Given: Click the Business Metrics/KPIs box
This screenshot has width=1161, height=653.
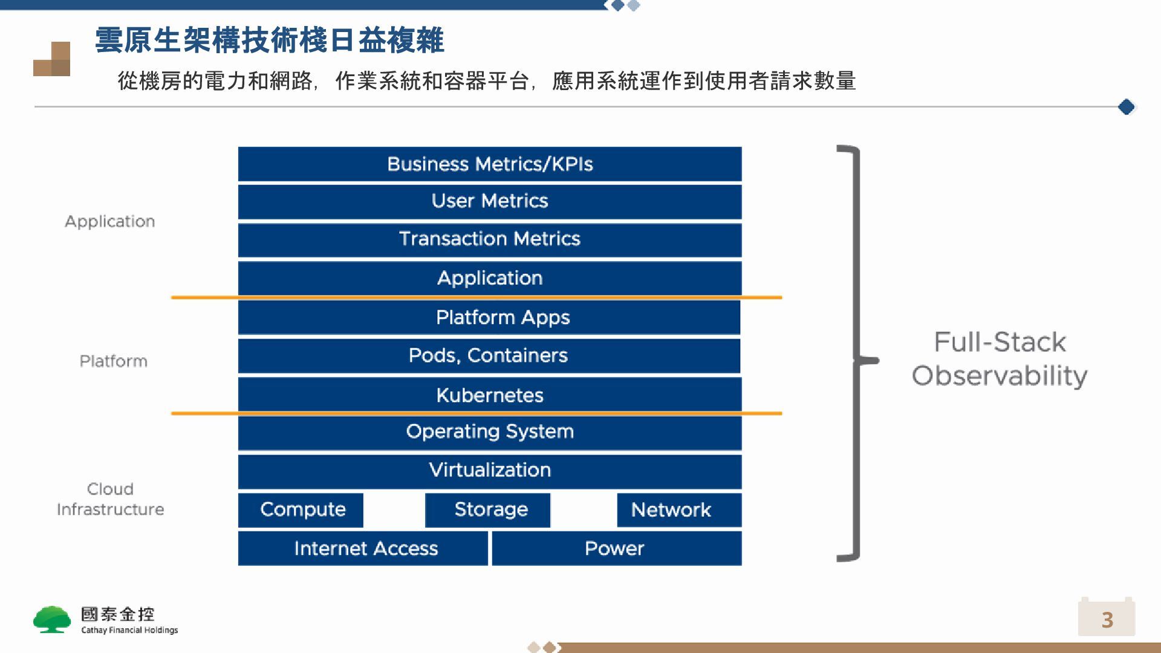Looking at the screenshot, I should tap(490, 164).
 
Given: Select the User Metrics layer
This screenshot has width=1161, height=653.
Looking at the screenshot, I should tap(490, 201).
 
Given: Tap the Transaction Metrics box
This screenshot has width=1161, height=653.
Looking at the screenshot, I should tap(490, 239).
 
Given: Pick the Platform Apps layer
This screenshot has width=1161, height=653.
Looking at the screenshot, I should tap(490, 317).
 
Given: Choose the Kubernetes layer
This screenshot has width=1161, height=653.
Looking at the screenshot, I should tap(490, 395).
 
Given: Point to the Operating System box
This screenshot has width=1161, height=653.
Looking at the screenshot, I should tap(490, 432).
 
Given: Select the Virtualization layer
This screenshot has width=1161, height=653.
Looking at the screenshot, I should tap(490, 470).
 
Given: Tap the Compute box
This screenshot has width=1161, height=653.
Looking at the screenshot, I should tap(301, 510).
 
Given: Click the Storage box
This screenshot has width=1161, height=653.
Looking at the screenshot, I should tap(488, 510).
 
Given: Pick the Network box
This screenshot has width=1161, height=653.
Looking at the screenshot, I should tap(679, 510).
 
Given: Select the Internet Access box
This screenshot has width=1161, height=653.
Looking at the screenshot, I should tap(363, 548).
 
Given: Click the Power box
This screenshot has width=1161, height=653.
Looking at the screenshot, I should tap(617, 548).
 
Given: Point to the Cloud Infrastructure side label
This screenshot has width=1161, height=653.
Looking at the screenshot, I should tap(110, 499).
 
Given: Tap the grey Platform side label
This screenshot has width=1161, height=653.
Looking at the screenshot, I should tap(114, 361).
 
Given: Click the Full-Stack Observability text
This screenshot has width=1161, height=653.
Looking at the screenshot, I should tap(1000, 359).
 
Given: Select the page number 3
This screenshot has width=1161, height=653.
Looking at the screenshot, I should tap(1107, 619).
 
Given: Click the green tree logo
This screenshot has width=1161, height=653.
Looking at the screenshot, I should tap(52, 619).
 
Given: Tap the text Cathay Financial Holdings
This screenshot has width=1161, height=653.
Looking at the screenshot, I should tap(129, 630).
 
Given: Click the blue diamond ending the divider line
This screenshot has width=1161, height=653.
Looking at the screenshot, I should tap(1126, 107).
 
